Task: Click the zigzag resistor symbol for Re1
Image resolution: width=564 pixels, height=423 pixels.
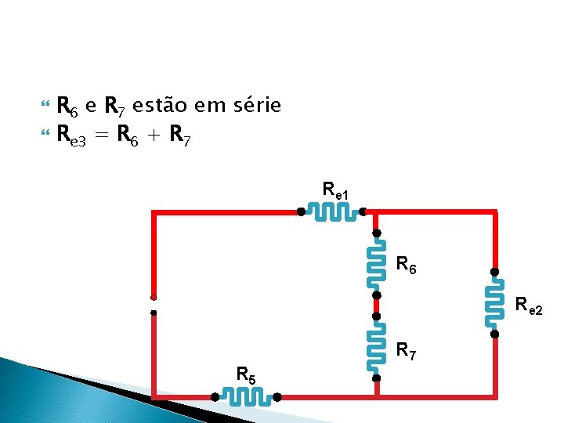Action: (x=331, y=211)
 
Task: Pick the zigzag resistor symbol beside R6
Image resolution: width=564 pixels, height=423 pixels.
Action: (x=376, y=264)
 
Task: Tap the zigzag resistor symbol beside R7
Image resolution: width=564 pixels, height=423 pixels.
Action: (x=376, y=347)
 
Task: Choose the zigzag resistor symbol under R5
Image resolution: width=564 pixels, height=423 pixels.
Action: (x=246, y=397)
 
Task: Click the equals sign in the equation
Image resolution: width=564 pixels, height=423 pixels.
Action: (x=102, y=136)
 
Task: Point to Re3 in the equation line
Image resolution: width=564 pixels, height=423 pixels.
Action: (x=72, y=136)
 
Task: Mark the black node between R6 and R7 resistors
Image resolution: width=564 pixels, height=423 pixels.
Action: (x=376, y=295)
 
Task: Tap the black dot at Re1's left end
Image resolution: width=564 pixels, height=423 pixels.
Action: (x=301, y=211)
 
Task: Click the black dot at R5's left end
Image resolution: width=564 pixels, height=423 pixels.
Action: (x=215, y=397)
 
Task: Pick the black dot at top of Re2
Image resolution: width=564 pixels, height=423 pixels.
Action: (x=494, y=272)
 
